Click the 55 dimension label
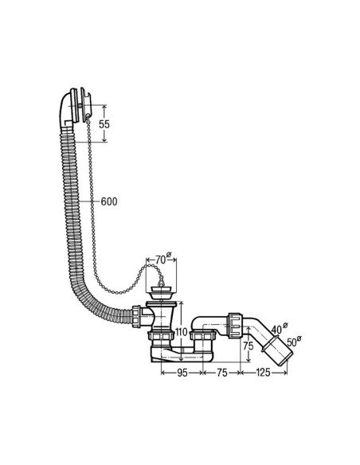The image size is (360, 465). [104, 124]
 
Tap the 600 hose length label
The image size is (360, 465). [109, 201]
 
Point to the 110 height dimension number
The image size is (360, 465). [181, 332]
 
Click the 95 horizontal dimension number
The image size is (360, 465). [182, 373]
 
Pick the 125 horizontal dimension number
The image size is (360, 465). [263, 373]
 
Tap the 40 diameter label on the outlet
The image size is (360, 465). [276, 330]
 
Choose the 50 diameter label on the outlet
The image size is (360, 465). [292, 343]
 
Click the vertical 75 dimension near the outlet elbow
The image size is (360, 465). [248, 346]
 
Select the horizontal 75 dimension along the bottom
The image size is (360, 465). [221, 373]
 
